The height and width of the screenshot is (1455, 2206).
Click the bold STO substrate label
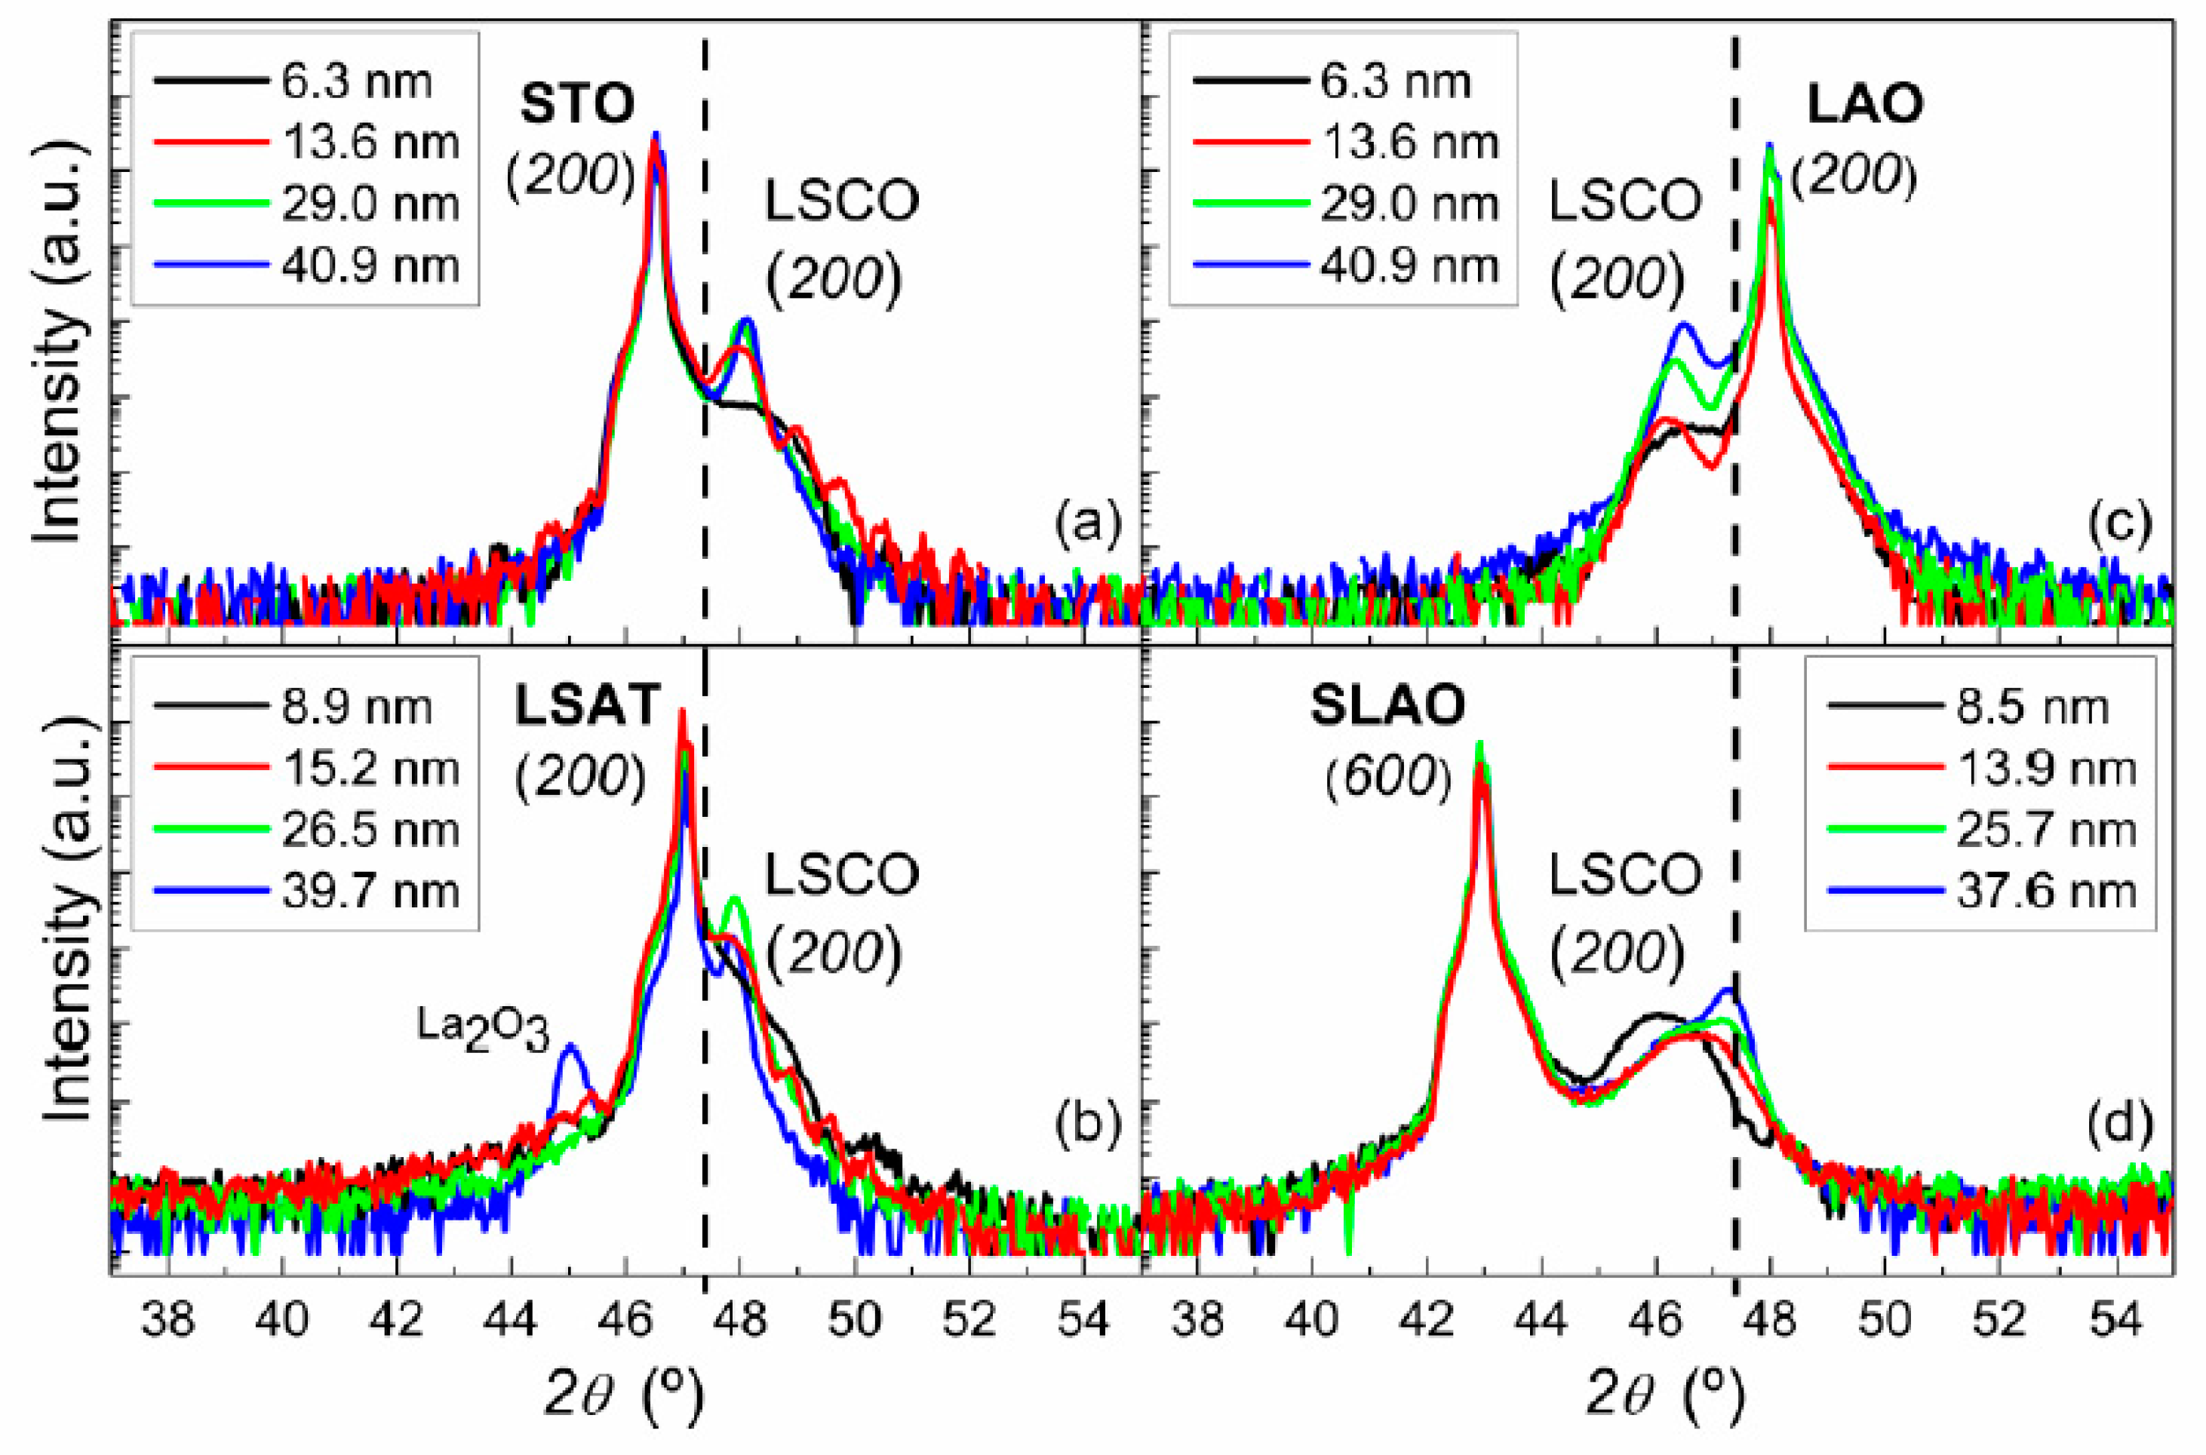[576, 105]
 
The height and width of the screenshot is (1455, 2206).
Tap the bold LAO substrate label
[1863, 105]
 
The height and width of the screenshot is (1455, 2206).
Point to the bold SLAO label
[1387, 706]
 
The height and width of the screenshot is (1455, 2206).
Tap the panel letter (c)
[2118, 524]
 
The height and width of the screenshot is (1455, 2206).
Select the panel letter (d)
[2118, 1125]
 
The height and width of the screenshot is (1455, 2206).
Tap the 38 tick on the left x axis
[168, 1319]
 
